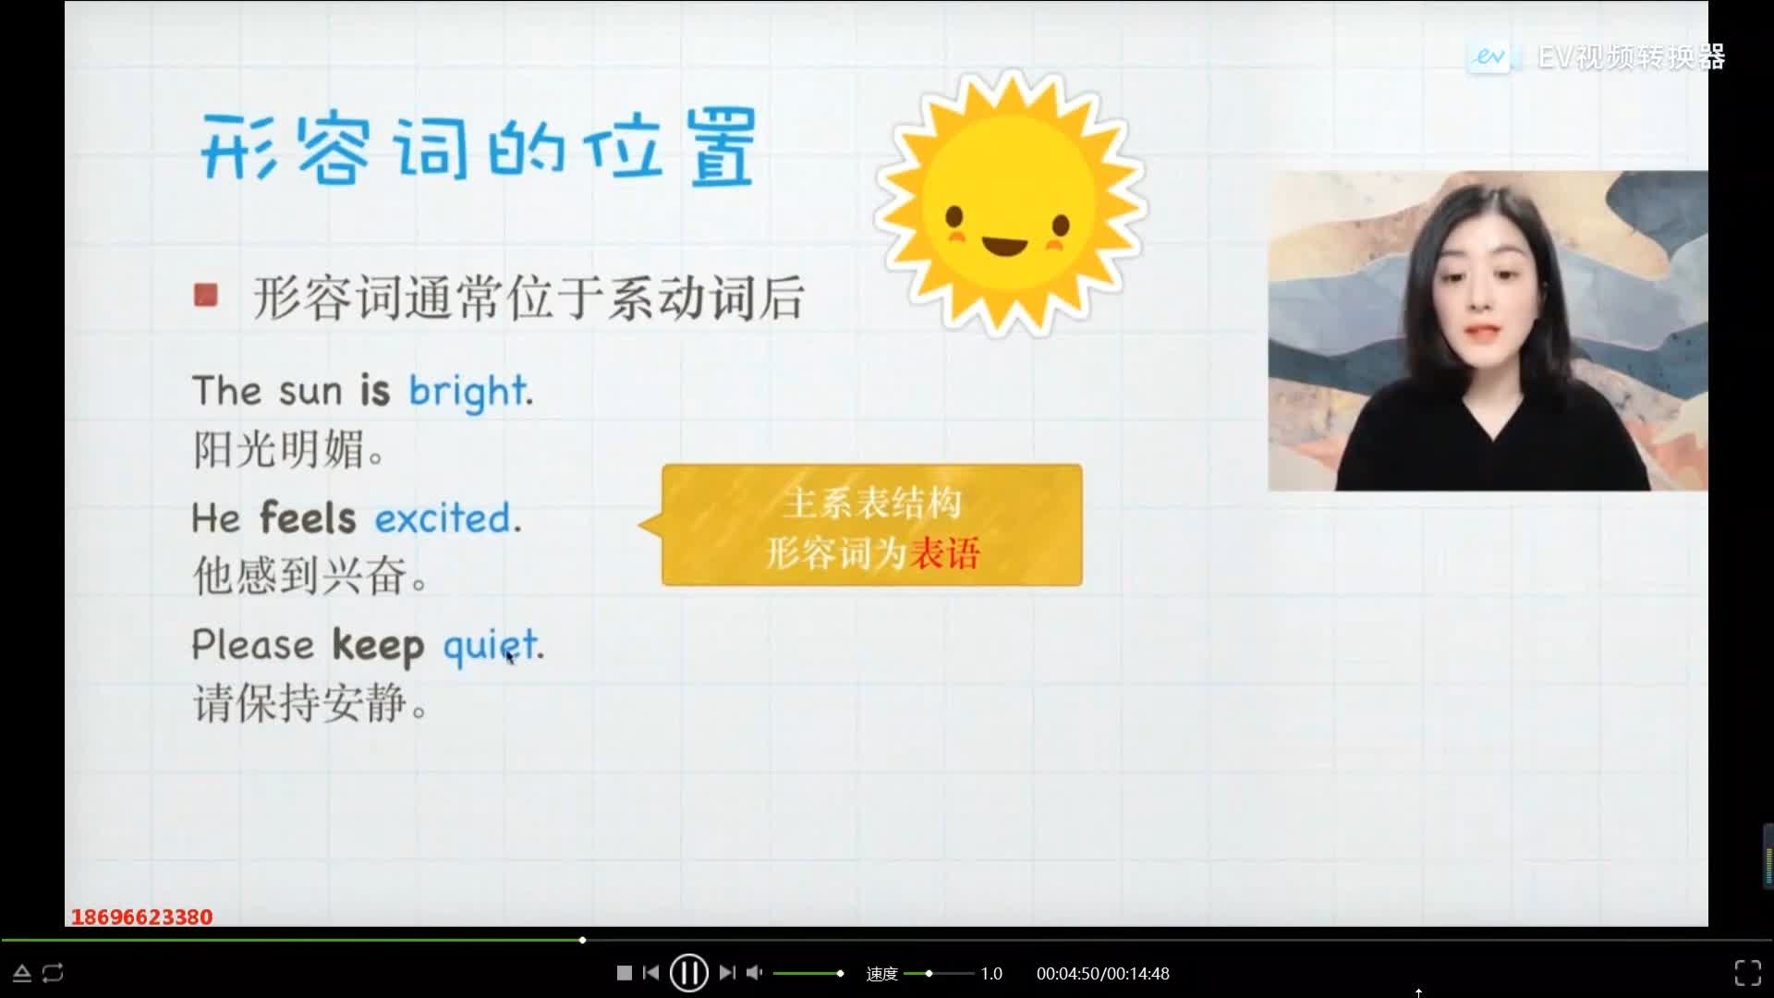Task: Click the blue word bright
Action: click(468, 392)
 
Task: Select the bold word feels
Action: click(307, 517)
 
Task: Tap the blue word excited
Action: click(443, 517)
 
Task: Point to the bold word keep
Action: click(378, 646)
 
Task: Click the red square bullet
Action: click(205, 295)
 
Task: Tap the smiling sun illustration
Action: click(1010, 202)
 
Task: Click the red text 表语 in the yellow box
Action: click(944, 554)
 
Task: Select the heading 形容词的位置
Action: click(479, 148)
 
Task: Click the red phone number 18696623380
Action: click(141, 917)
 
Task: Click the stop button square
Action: click(625, 972)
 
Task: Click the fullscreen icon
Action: click(1747, 972)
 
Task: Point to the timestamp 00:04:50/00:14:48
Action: click(1102, 973)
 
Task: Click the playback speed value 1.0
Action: click(991, 973)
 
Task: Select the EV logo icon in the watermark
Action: click(1489, 57)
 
